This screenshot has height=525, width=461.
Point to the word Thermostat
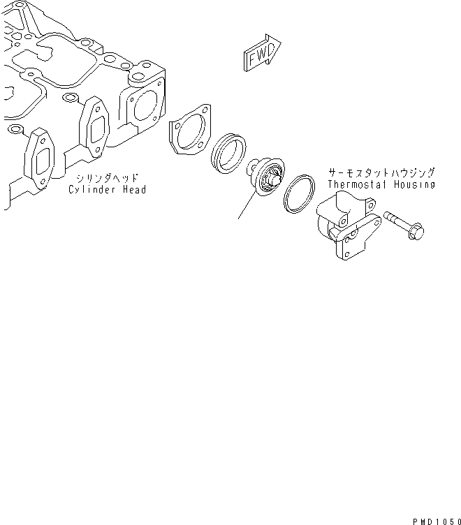[356, 184]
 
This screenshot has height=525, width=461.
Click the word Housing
[413, 184]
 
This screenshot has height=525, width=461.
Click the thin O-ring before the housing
[300, 193]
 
